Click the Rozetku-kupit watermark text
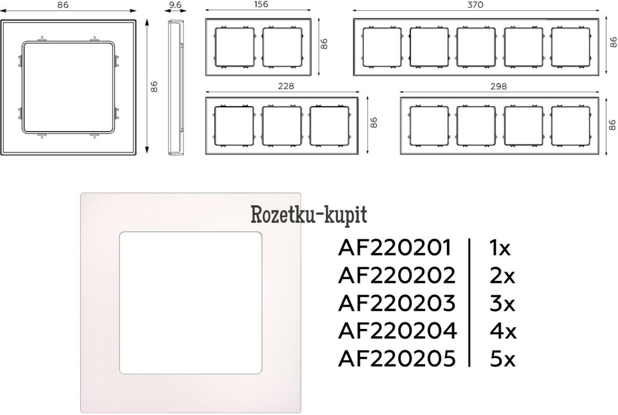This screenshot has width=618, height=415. pyautogui.click(x=309, y=215)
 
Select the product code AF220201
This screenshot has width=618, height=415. pyautogui.click(x=394, y=248)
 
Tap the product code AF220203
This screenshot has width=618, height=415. pyautogui.click(x=397, y=303)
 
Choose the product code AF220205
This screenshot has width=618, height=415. pyautogui.click(x=397, y=358)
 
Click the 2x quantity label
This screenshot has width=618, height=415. pyautogui.click(x=502, y=276)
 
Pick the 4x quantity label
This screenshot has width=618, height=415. pyautogui.click(x=502, y=331)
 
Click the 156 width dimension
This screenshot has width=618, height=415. pyautogui.click(x=261, y=4)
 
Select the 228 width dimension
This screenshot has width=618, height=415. pyautogui.click(x=286, y=86)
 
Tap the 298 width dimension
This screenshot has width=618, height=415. pyautogui.click(x=499, y=86)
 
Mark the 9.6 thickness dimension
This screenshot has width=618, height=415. pyautogui.click(x=175, y=5)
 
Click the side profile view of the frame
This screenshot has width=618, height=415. pyautogui.click(x=176, y=87)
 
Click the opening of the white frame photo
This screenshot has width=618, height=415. pyautogui.click(x=191, y=302)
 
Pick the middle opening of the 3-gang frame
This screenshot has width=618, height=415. pyautogui.click(x=282, y=125)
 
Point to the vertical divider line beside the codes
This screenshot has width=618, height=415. pyautogui.click(x=470, y=302)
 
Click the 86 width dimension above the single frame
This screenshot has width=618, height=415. pyautogui.click(x=63, y=5)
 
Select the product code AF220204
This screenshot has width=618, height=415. pyautogui.click(x=397, y=331)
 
